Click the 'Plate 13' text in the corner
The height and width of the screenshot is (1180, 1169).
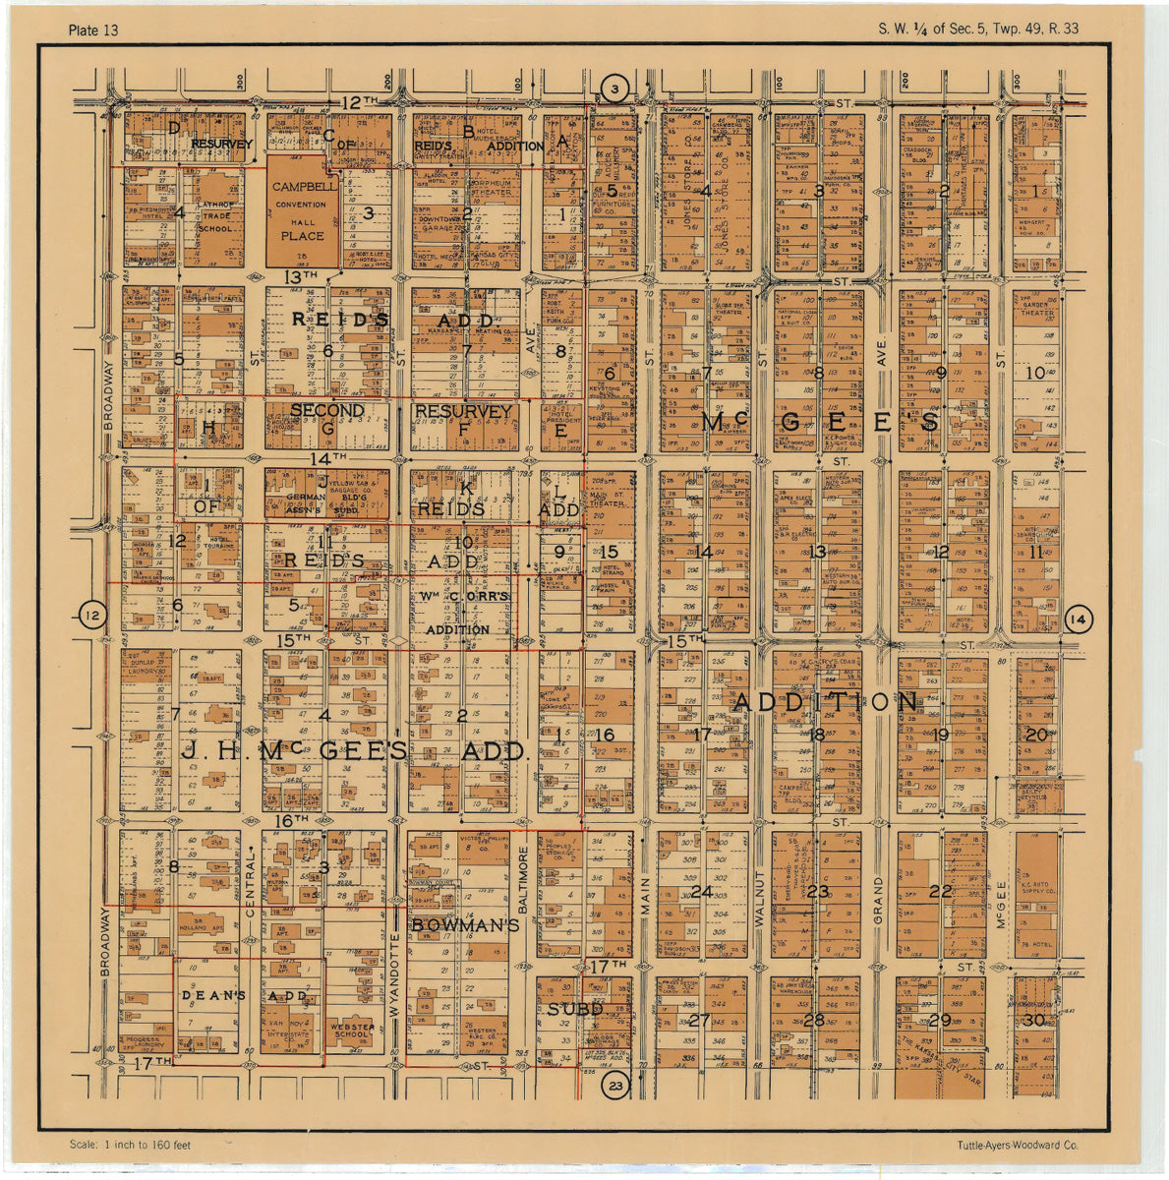tap(93, 29)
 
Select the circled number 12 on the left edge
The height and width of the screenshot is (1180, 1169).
tap(92, 617)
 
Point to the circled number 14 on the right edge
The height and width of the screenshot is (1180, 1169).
tap(1078, 619)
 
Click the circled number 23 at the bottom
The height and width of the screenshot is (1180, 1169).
tap(616, 1086)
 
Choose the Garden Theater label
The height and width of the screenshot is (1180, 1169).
tap(1036, 308)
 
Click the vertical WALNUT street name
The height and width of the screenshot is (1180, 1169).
tap(759, 898)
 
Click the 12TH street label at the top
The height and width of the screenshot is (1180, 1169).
tap(360, 101)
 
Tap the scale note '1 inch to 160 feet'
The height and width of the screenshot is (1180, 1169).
tap(130, 1145)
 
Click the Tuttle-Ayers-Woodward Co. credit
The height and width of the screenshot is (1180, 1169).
tap(1017, 1145)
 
